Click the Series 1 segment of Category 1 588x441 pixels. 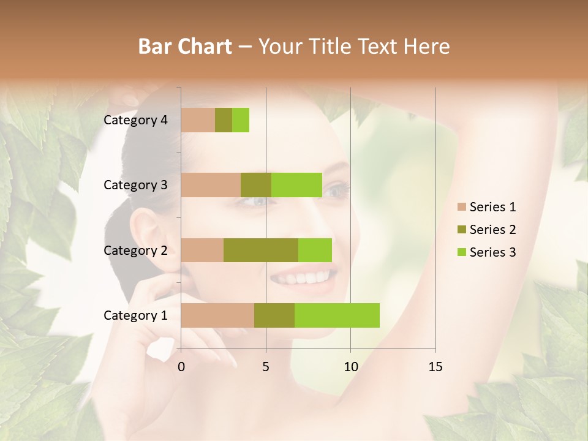217,315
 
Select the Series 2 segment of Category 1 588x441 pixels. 274,315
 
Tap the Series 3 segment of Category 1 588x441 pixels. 337,315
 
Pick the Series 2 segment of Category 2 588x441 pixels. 261,250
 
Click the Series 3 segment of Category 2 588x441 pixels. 315,250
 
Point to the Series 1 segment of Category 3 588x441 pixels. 211,185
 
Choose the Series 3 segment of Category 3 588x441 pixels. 296,185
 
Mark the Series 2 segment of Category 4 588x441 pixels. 224,120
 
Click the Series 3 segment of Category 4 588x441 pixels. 241,120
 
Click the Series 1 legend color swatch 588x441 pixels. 461,207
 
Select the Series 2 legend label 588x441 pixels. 492,230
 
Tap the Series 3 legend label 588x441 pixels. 492,252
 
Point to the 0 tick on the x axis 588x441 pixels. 181,367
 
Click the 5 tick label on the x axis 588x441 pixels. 266,367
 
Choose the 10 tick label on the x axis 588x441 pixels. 350,367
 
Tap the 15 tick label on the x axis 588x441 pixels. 435,367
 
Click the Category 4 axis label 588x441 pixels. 135,120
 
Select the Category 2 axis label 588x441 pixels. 135,250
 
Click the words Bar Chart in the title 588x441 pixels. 185,46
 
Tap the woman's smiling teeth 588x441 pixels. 300,278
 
